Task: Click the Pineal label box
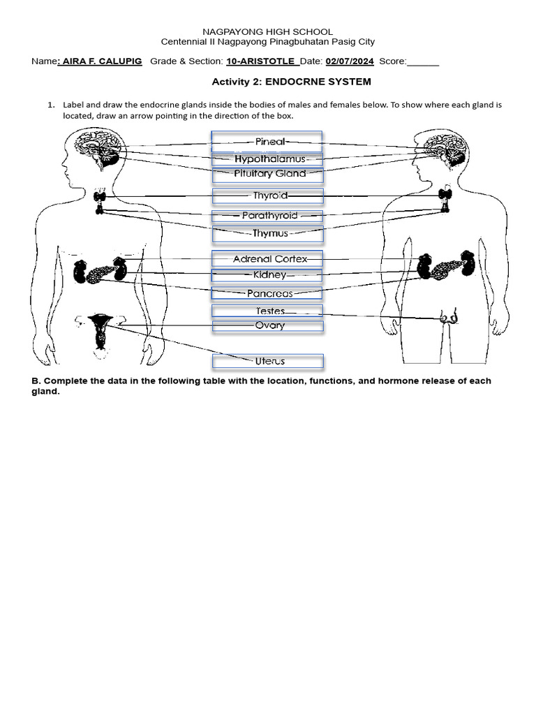[267, 142]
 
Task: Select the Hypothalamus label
[268, 159]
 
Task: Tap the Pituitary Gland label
[268, 174]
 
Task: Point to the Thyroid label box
[268, 196]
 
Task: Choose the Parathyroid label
[268, 216]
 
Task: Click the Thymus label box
[268, 234]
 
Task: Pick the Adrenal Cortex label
[268, 259]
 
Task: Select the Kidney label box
[268, 276]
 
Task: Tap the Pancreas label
[268, 294]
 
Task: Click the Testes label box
[268, 311]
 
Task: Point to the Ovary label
[268, 325]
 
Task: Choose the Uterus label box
[268, 362]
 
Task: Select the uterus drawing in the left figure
[101, 330]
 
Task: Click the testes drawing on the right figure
[449, 318]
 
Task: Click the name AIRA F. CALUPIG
[103, 61]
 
